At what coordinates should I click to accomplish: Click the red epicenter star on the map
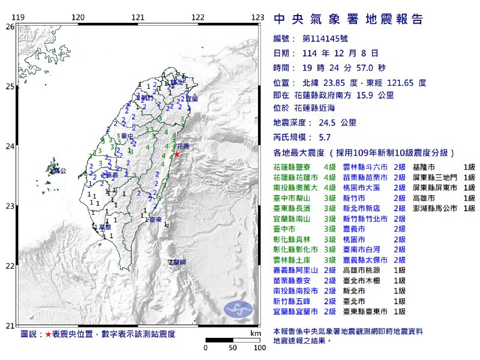tap(176, 154)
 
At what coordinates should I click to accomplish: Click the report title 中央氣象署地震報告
tap(349, 19)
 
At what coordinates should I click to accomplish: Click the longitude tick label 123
tap(259, 17)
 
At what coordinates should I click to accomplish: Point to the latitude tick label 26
tap(10, 26)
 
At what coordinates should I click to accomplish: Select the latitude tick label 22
tap(10, 266)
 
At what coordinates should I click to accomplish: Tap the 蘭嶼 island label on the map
tap(178, 263)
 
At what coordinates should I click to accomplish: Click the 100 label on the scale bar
tap(260, 347)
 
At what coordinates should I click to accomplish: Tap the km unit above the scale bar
tap(256, 333)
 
